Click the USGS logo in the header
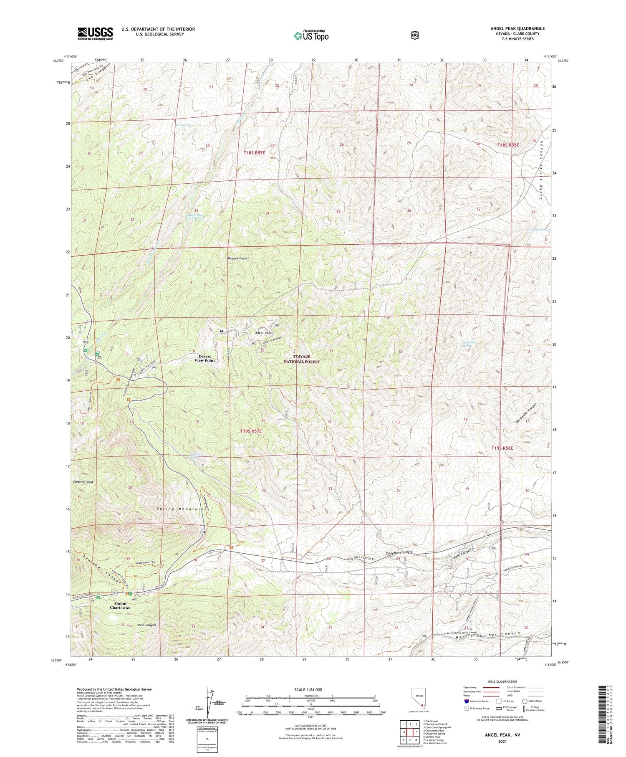(95, 33)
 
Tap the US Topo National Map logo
(311, 35)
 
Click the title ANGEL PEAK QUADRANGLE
(517, 28)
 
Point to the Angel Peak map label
(263, 333)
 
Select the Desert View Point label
(204, 358)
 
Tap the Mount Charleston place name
(120, 606)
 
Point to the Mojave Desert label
(238, 258)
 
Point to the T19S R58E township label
(502, 448)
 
